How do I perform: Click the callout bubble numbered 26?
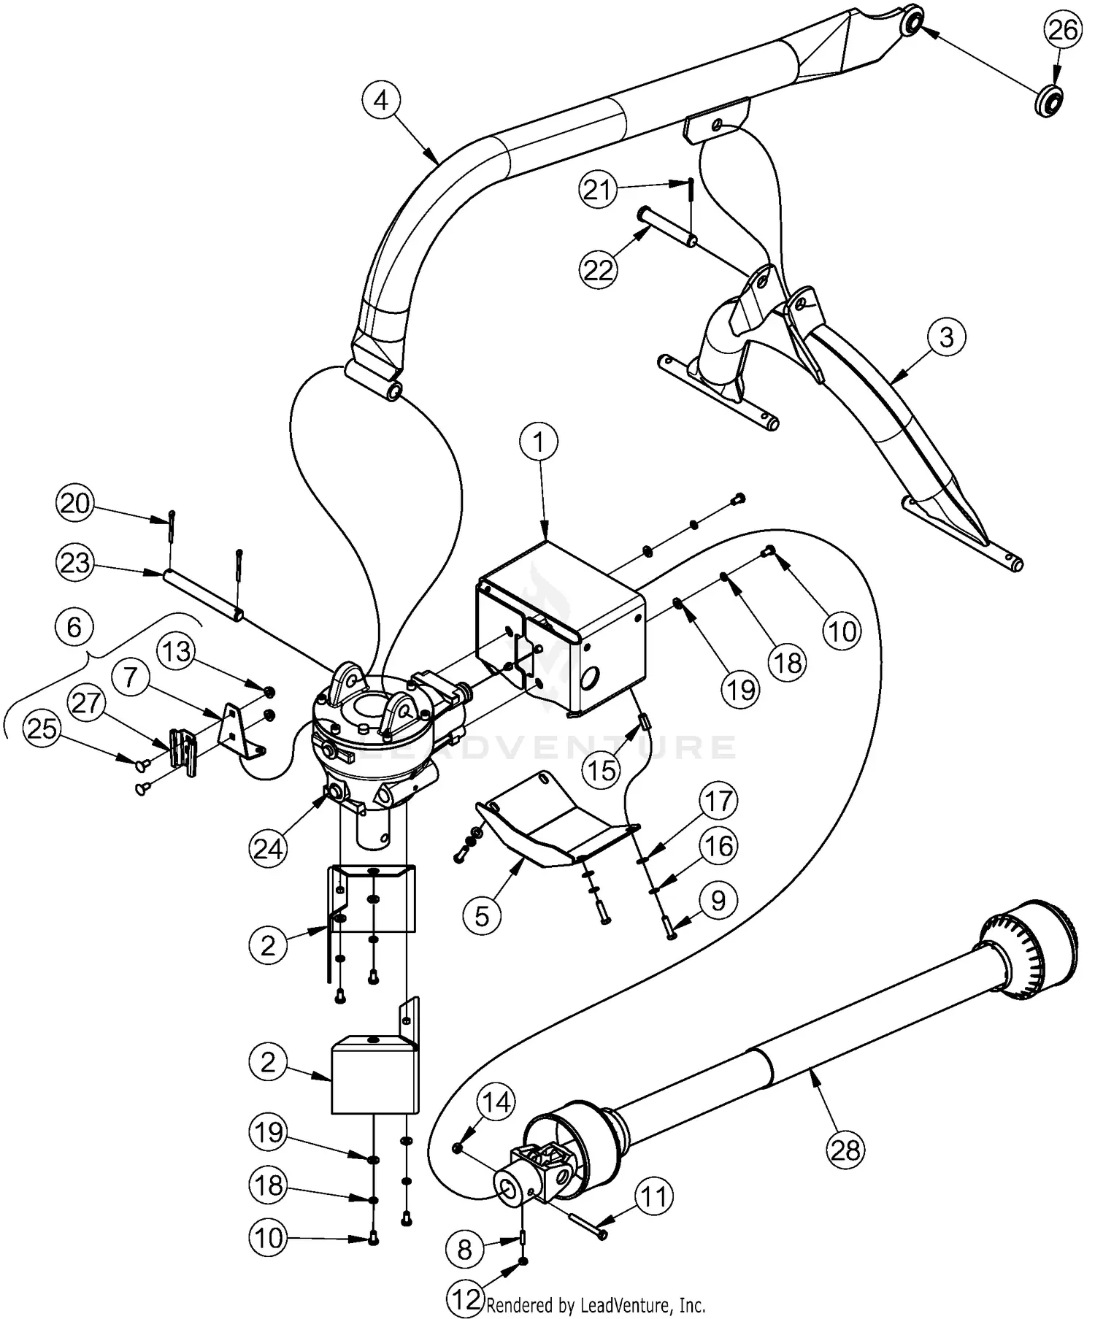[1062, 31]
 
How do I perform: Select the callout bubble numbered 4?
[381, 101]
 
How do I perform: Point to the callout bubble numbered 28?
[845, 1150]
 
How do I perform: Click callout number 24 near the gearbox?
[268, 850]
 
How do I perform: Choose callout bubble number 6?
[74, 628]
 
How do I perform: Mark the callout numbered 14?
[496, 1103]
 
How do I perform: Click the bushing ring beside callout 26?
[1049, 100]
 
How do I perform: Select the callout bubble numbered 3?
[946, 338]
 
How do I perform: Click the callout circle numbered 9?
[718, 901]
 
